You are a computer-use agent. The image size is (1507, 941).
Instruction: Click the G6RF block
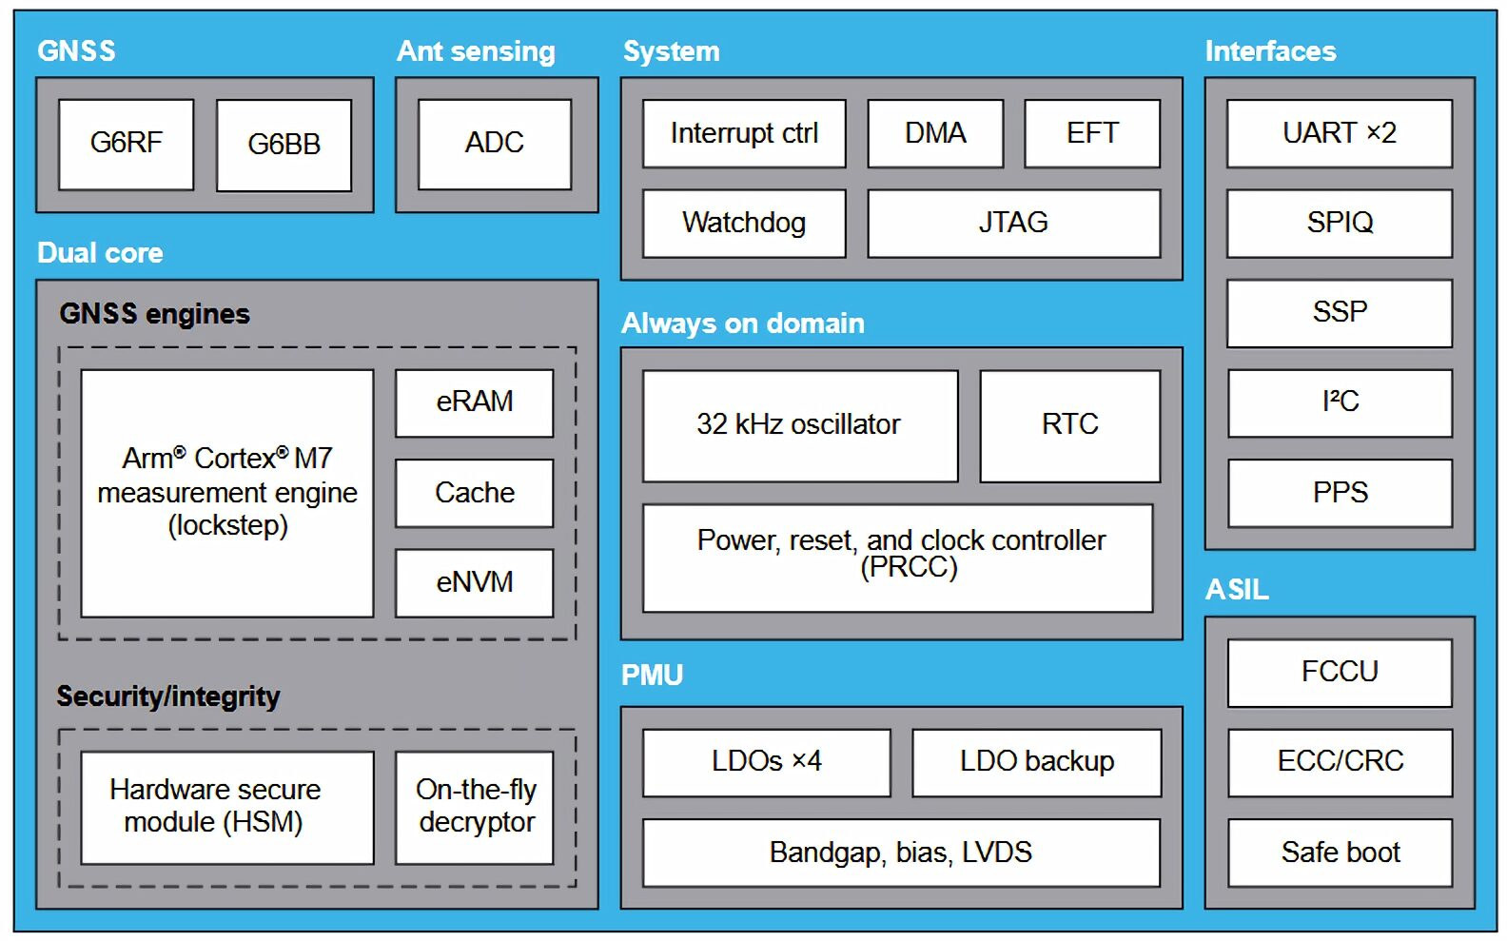coord(126,144)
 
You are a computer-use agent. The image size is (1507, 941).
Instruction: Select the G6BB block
coord(284,145)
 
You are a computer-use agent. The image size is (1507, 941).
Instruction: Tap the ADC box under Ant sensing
coord(495,144)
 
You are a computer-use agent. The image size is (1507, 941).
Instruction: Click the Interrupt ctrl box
coord(744,133)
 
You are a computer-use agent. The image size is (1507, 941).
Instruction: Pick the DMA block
coord(935,133)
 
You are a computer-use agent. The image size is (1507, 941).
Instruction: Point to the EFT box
coord(1092,133)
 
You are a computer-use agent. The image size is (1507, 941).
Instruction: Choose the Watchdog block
coord(744,223)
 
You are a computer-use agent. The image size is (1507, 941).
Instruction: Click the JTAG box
coord(1013,223)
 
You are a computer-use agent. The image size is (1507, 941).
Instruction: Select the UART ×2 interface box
coord(1339,133)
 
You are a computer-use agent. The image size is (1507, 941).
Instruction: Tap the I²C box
coord(1340,402)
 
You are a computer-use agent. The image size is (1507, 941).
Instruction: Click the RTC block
coord(1069,424)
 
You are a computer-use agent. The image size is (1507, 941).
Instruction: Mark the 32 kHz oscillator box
coord(799,424)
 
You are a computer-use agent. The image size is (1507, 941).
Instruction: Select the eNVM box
coord(474,582)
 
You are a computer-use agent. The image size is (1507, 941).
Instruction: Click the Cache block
coord(474,493)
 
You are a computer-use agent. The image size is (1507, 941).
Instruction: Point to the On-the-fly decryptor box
coord(475,807)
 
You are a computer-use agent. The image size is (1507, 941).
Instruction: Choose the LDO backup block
coord(1036,762)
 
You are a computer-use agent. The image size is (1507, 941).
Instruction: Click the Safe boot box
coord(1340,853)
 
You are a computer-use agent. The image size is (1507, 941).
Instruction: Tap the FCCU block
coord(1340,673)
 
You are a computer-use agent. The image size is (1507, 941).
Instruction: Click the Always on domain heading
coord(742,323)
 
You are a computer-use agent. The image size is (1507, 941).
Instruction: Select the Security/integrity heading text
coord(167,696)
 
